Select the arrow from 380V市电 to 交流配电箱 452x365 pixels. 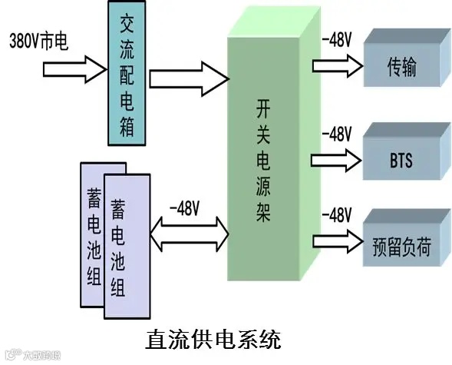click(x=72, y=70)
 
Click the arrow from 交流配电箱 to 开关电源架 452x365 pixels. click(x=189, y=78)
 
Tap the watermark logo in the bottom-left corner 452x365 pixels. click(x=31, y=356)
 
